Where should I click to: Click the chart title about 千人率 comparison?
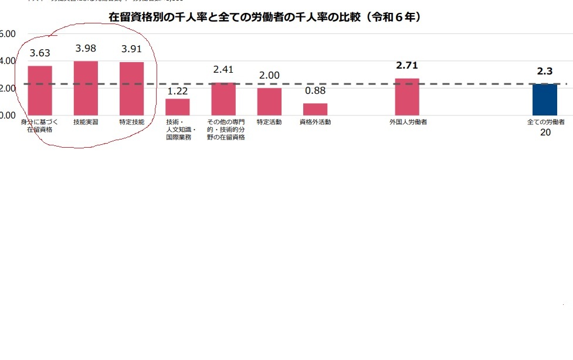265,18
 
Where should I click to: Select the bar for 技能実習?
86,88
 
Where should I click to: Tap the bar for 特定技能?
131,89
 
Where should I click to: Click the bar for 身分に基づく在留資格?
40,90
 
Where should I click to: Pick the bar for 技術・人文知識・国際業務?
177,107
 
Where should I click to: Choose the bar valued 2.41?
223,99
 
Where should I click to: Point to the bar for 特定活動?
269,101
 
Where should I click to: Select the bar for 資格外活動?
315,109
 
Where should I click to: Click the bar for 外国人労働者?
407,97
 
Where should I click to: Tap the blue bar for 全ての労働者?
545,100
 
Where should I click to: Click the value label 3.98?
86,48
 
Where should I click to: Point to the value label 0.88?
315,91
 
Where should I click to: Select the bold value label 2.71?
407,66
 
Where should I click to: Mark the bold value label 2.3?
545,72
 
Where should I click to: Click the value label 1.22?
177,91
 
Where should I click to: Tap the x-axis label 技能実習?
86,122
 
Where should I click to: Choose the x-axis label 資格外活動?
315,122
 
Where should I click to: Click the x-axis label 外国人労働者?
407,122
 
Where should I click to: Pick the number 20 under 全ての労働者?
545,133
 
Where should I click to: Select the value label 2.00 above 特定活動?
269,76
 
